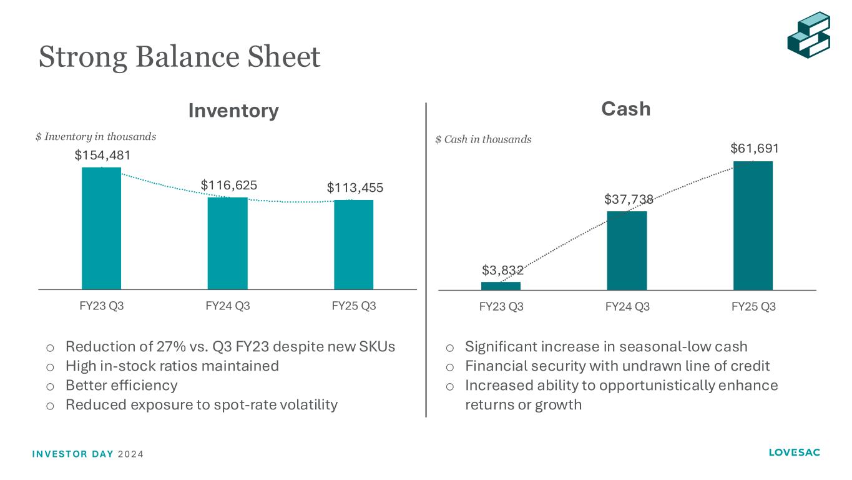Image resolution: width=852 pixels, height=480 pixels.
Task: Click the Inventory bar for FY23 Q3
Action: click(101, 228)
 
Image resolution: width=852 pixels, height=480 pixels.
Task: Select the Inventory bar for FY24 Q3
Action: click(227, 243)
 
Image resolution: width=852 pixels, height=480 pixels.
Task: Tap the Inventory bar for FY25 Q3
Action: click(353, 244)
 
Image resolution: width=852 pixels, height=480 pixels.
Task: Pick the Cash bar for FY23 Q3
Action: click(501, 286)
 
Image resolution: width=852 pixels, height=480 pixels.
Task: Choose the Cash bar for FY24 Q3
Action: click(627, 251)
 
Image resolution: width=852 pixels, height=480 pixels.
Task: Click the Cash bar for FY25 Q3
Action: click(753, 226)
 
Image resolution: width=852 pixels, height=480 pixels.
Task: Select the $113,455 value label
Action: click(355, 187)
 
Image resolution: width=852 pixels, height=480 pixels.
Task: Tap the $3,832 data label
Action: click(502, 270)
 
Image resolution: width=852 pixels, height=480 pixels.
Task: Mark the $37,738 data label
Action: click(629, 199)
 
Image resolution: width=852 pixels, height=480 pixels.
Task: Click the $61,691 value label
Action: click(755, 149)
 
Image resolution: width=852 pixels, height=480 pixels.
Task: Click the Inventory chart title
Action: click(233, 111)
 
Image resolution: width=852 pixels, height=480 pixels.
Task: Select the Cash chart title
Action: click(626, 109)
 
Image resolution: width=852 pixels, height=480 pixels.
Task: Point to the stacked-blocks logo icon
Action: click(808, 34)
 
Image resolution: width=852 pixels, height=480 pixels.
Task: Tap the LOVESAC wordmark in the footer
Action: click(795, 452)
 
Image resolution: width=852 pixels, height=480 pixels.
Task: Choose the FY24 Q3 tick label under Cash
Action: click(627, 307)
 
